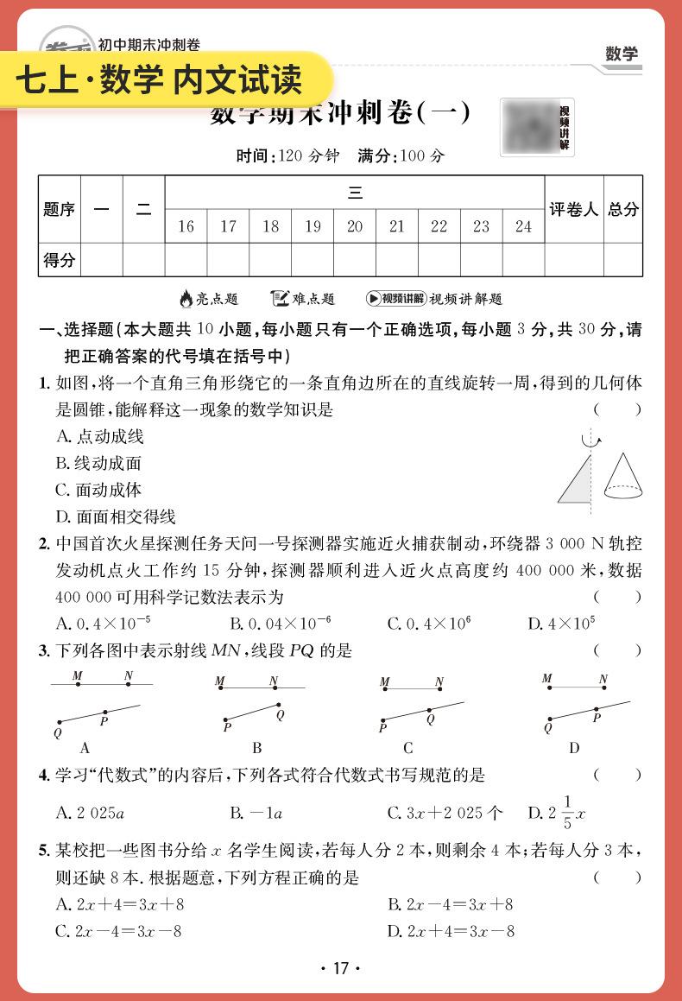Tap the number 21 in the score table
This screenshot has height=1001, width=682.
pos(397,227)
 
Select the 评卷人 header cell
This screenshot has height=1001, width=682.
pos(573,209)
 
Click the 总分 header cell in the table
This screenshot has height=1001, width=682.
pos(623,209)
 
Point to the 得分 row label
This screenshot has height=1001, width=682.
pos(59,260)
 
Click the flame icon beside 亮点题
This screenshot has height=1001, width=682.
pos(186,299)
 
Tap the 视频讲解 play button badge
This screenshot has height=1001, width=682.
pos(395,299)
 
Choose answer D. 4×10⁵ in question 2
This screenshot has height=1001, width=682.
pos(561,624)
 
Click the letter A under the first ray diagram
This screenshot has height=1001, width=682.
pos(85,748)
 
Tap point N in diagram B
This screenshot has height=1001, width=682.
pos(274,687)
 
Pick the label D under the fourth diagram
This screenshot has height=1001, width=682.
pos(574,748)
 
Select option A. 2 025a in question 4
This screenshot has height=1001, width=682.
pos(91,813)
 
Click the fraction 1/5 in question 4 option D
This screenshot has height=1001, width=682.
pos(566,813)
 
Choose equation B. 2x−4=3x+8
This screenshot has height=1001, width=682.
pos(450,905)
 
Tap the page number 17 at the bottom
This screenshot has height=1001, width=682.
pos(340,968)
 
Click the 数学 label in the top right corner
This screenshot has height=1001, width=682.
pos(622,54)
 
